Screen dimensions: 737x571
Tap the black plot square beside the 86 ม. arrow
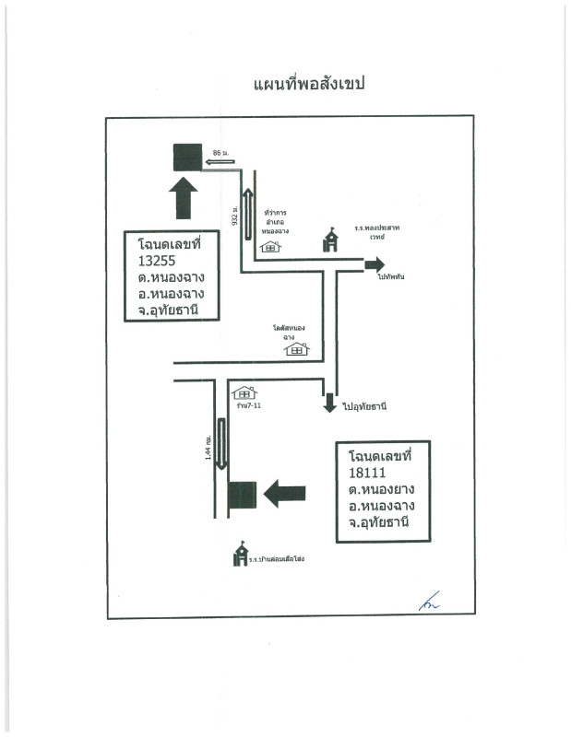[187, 158]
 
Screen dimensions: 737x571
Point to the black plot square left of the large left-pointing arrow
[242, 495]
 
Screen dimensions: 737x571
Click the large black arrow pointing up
[184, 198]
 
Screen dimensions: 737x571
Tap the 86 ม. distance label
[220, 150]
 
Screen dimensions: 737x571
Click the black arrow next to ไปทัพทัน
[374, 265]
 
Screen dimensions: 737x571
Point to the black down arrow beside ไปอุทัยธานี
[329, 404]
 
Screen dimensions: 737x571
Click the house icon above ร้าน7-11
[244, 392]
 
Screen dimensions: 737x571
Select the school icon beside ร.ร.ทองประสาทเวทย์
[329, 240]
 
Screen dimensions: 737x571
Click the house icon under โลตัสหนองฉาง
[296, 349]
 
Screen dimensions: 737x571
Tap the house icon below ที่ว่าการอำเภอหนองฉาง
[270, 246]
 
